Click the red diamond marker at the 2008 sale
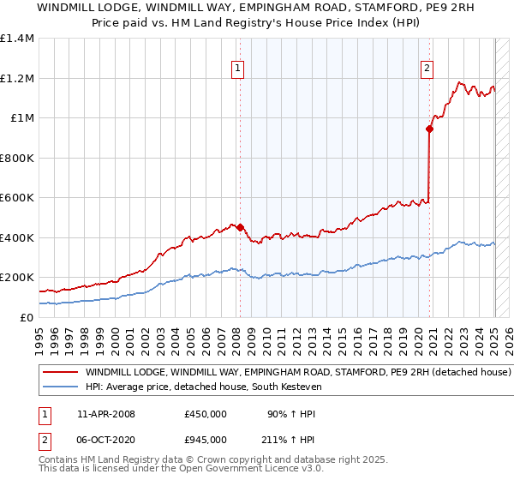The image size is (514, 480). click(x=240, y=228)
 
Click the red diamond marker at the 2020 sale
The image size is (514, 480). click(x=429, y=129)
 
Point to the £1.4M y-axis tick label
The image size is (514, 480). click(x=17, y=39)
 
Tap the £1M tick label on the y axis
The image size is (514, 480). click(x=21, y=118)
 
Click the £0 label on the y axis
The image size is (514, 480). click(x=27, y=317)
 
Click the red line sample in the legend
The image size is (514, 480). click(x=61, y=373)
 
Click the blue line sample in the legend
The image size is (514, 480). click(x=61, y=387)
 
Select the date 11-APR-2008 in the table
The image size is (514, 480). click(x=106, y=414)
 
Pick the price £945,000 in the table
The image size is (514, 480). click(x=206, y=439)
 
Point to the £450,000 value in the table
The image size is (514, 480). click(x=206, y=414)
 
